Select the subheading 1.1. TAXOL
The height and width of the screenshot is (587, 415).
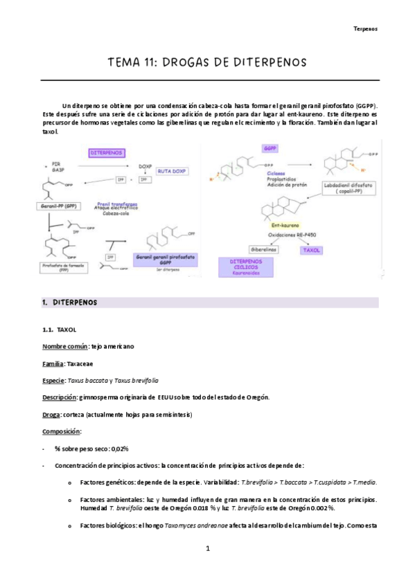(x=62, y=331)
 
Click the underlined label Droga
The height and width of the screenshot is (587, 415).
(x=53, y=415)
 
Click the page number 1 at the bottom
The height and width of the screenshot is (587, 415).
(x=207, y=549)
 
